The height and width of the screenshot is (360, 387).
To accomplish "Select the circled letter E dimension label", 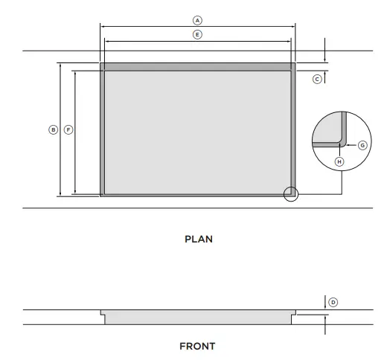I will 197,34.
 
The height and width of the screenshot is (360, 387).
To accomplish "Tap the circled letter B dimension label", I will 52,129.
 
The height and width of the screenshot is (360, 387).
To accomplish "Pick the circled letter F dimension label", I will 68,129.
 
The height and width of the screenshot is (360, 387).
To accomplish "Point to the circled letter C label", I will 317,79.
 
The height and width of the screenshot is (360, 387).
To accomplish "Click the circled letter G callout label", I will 362,145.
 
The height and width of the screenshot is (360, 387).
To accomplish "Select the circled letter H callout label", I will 339,161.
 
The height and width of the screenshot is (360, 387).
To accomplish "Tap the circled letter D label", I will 333,302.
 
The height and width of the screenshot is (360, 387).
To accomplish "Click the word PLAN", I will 198,240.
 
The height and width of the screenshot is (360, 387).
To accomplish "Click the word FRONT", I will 197,347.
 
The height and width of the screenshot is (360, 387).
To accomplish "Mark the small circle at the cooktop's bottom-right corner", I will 291,194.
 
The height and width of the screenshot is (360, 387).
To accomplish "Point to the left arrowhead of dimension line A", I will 102,25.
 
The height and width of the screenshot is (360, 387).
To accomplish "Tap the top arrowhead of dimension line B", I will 60,65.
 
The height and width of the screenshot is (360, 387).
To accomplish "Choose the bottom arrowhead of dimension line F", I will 75,193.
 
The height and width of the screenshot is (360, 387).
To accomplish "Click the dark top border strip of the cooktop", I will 197,67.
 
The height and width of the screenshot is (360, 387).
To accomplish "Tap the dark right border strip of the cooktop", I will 293,130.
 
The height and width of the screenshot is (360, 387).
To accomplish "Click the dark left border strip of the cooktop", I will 102,130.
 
